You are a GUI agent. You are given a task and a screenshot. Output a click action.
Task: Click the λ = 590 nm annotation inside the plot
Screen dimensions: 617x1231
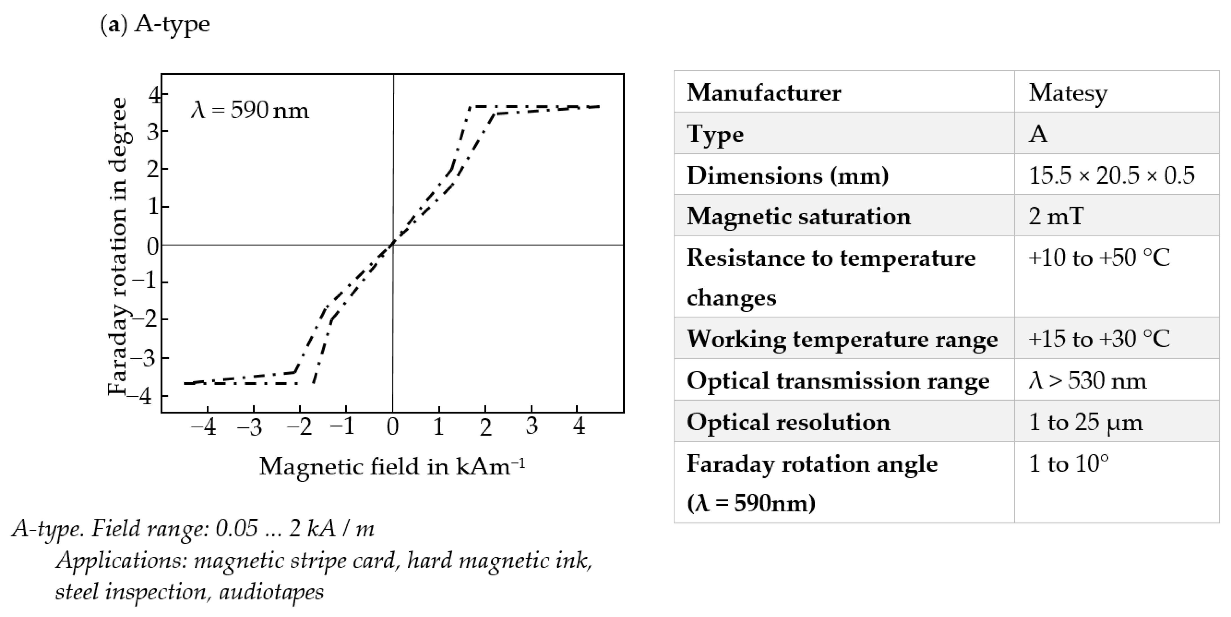pyautogui.click(x=250, y=110)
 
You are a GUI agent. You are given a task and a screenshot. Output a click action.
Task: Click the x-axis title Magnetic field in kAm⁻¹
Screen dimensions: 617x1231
pyautogui.click(x=392, y=466)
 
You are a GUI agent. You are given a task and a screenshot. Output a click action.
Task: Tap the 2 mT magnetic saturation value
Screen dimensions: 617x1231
pyautogui.click(x=1056, y=216)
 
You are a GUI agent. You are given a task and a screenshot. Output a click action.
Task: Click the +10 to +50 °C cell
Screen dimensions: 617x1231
pyautogui.click(x=1099, y=258)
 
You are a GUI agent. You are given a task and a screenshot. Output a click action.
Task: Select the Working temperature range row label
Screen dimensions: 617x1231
pyautogui.click(x=842, y=339)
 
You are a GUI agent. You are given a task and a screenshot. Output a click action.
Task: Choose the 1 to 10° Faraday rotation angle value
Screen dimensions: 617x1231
pyautogui.click(x=1069, y=463)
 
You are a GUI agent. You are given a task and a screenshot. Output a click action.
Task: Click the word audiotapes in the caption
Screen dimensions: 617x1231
pyautogui.click(x=271, y=592)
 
